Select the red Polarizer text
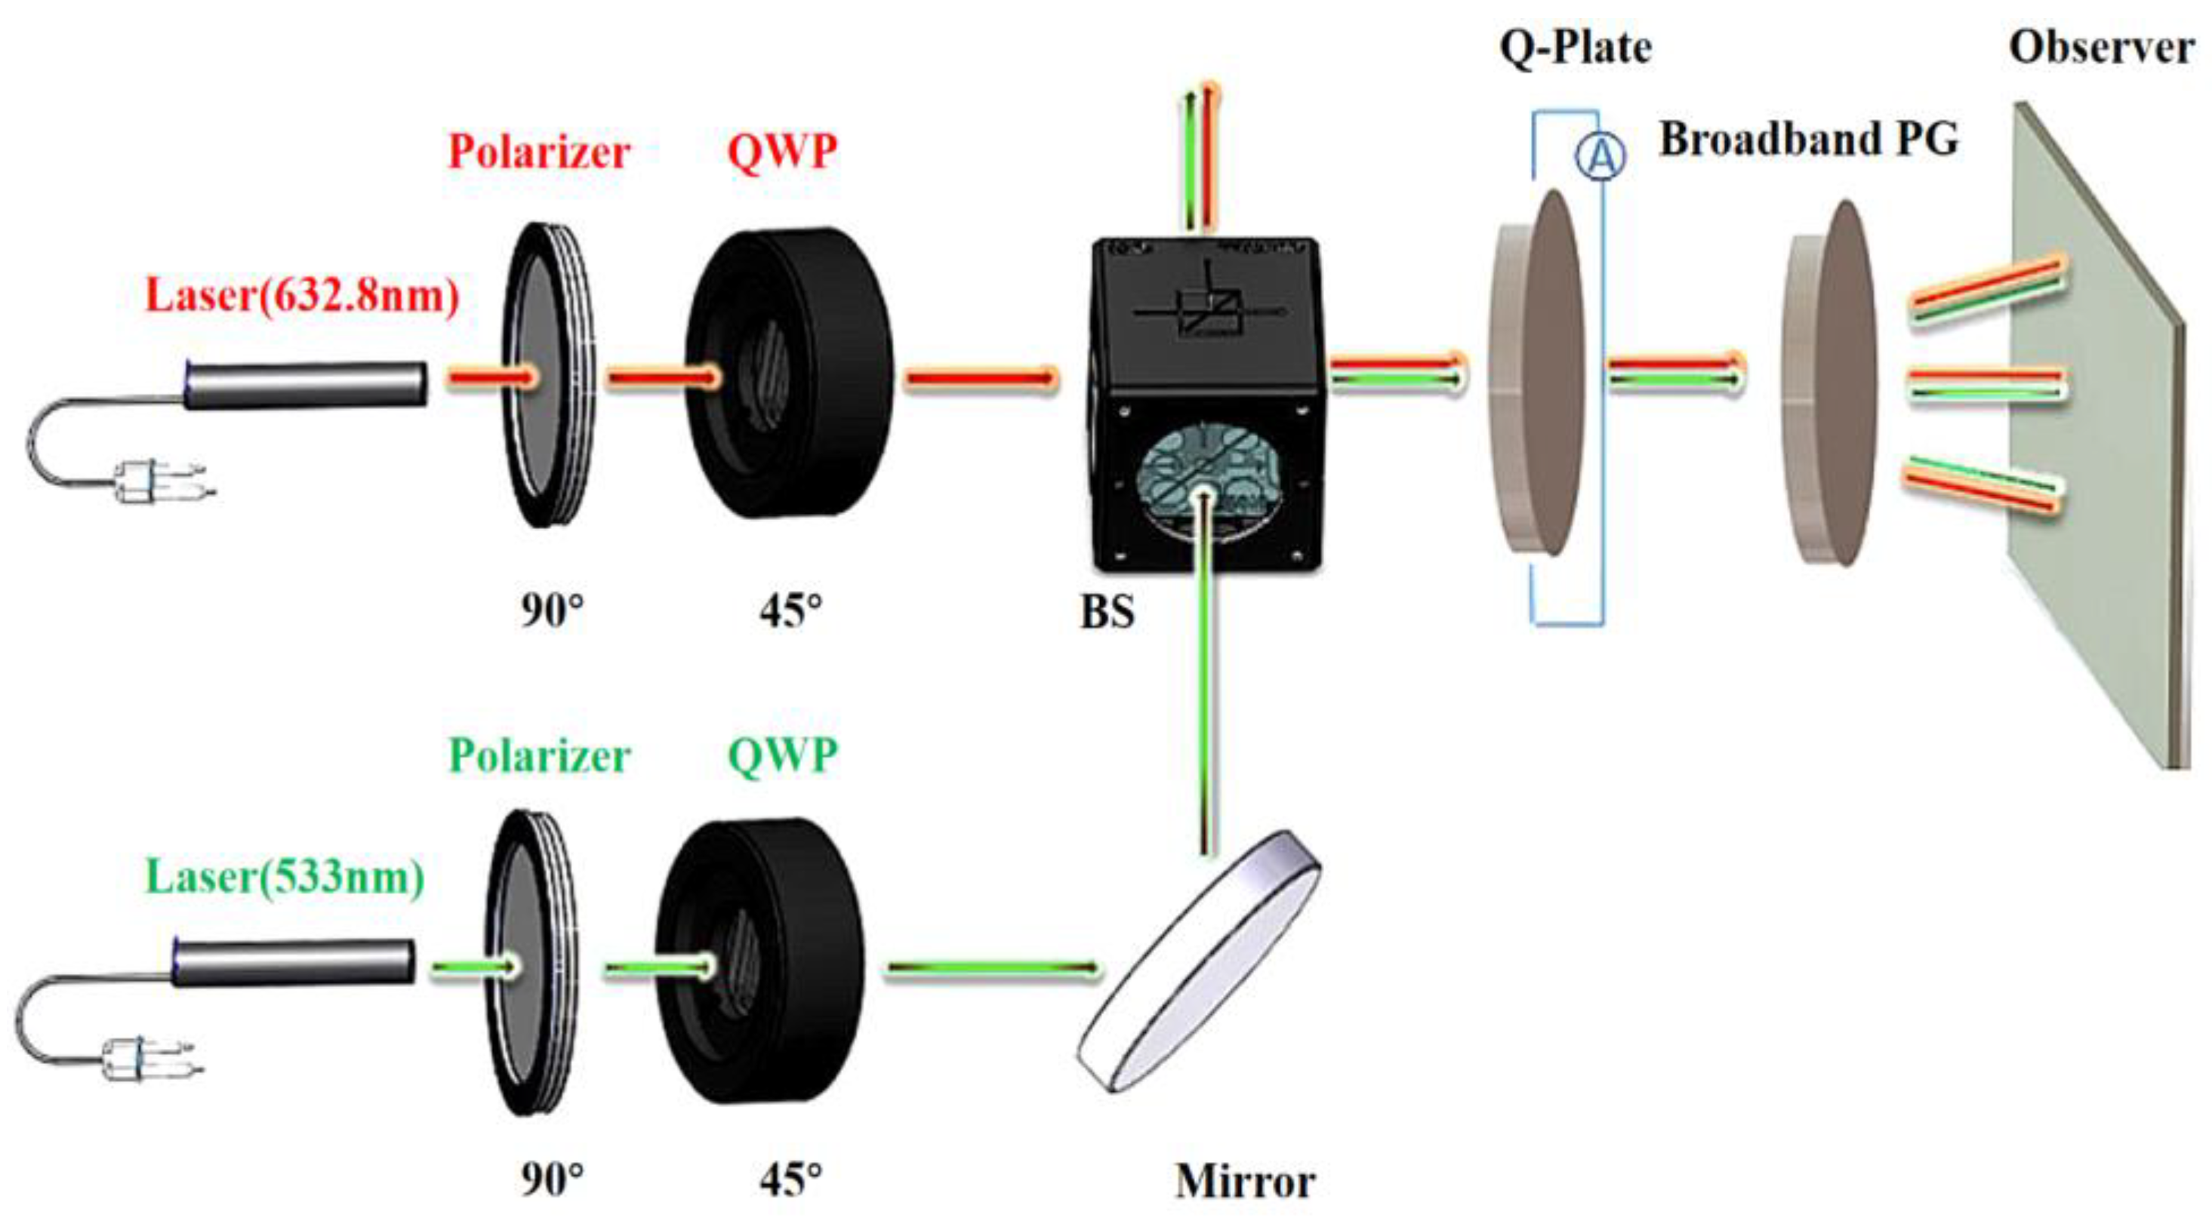[x=539, y=152]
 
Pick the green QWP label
[x=781, y=756]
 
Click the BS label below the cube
[x=1107, y=612]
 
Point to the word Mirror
[x=1244, y=1182]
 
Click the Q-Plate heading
[x=1575, y=48]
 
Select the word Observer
[x=2101, y=48]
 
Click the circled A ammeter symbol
[x=1600, y=158]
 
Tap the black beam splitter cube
[x=1206, y=404]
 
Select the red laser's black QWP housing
[x=790, y=374]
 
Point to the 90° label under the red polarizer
[x=551, y=612]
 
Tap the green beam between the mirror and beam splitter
[x=1207, y=687]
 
